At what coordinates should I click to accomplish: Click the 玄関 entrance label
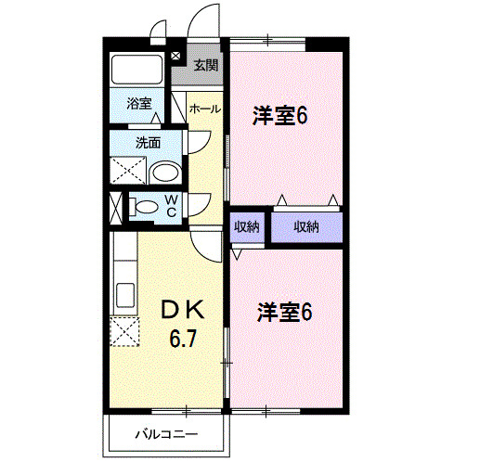point(206,65)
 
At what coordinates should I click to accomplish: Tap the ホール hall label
point(204,109)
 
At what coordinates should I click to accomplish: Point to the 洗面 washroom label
point(148,143)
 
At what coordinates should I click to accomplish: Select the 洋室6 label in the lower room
point(284,312)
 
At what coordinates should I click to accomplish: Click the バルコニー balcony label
point(164,433)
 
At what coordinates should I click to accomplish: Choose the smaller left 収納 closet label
point(246,227)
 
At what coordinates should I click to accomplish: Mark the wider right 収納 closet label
point(306,227)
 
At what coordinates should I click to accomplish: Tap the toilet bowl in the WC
point(145,207)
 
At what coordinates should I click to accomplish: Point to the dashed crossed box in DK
point(123,330)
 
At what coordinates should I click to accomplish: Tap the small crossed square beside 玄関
point(175,57)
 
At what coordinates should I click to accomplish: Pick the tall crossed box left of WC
point(115,208)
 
